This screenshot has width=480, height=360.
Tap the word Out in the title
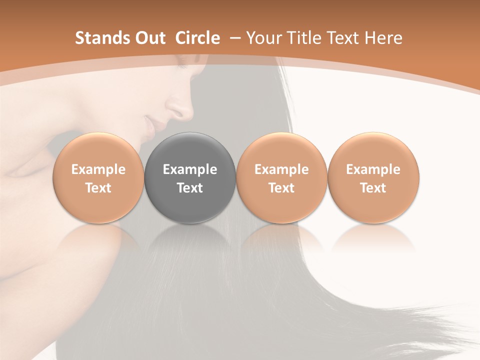(x=148, y=38)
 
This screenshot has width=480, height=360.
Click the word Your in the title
(x=262, y=38)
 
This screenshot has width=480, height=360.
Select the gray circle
(x=190, y=178)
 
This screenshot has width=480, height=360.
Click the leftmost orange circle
(x=98, y=178)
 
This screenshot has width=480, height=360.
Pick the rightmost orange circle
(x=373, y=178)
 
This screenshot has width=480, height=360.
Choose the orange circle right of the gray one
(x=281, y=178)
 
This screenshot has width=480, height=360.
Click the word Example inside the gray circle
(x=190, y=169)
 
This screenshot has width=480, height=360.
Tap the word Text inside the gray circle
(x=190, y=188)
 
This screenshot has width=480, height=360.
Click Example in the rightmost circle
(x=373, y=169)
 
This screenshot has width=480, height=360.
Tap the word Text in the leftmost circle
(x=98, y=188)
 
